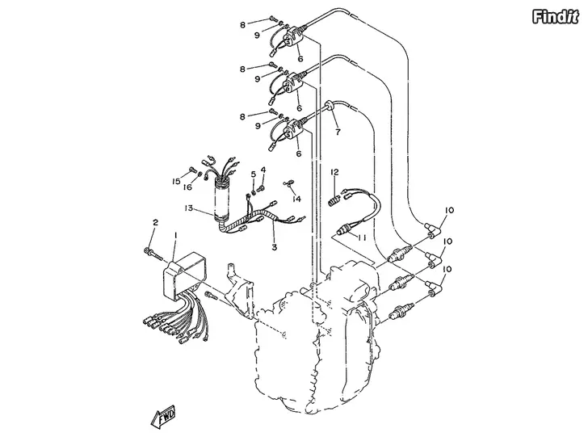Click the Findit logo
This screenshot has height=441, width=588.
point(555,17)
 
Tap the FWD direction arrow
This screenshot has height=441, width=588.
point(163,417)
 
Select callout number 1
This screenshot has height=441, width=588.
point(175,235)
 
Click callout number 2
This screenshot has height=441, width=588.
point(155,222)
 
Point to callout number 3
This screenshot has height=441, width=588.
point(274,247)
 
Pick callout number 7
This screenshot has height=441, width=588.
point(338,132)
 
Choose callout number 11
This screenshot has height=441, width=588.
point(362,237)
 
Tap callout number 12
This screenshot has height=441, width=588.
point(334,172)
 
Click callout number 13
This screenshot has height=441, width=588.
point(188,208)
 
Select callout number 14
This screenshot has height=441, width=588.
point(296,199)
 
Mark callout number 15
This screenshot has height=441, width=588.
point(176,182)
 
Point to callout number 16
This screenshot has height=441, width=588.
point(187,187)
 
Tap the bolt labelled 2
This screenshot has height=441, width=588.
point(153,254)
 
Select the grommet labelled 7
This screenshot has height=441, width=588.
point(328,105)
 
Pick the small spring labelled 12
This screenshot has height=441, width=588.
point(333,200)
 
